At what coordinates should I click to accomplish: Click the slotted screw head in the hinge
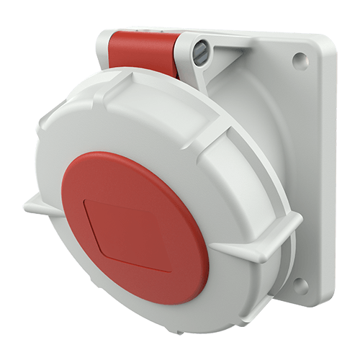[x=201, y=50]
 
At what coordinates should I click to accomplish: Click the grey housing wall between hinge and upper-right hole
[x=252, y=79]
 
